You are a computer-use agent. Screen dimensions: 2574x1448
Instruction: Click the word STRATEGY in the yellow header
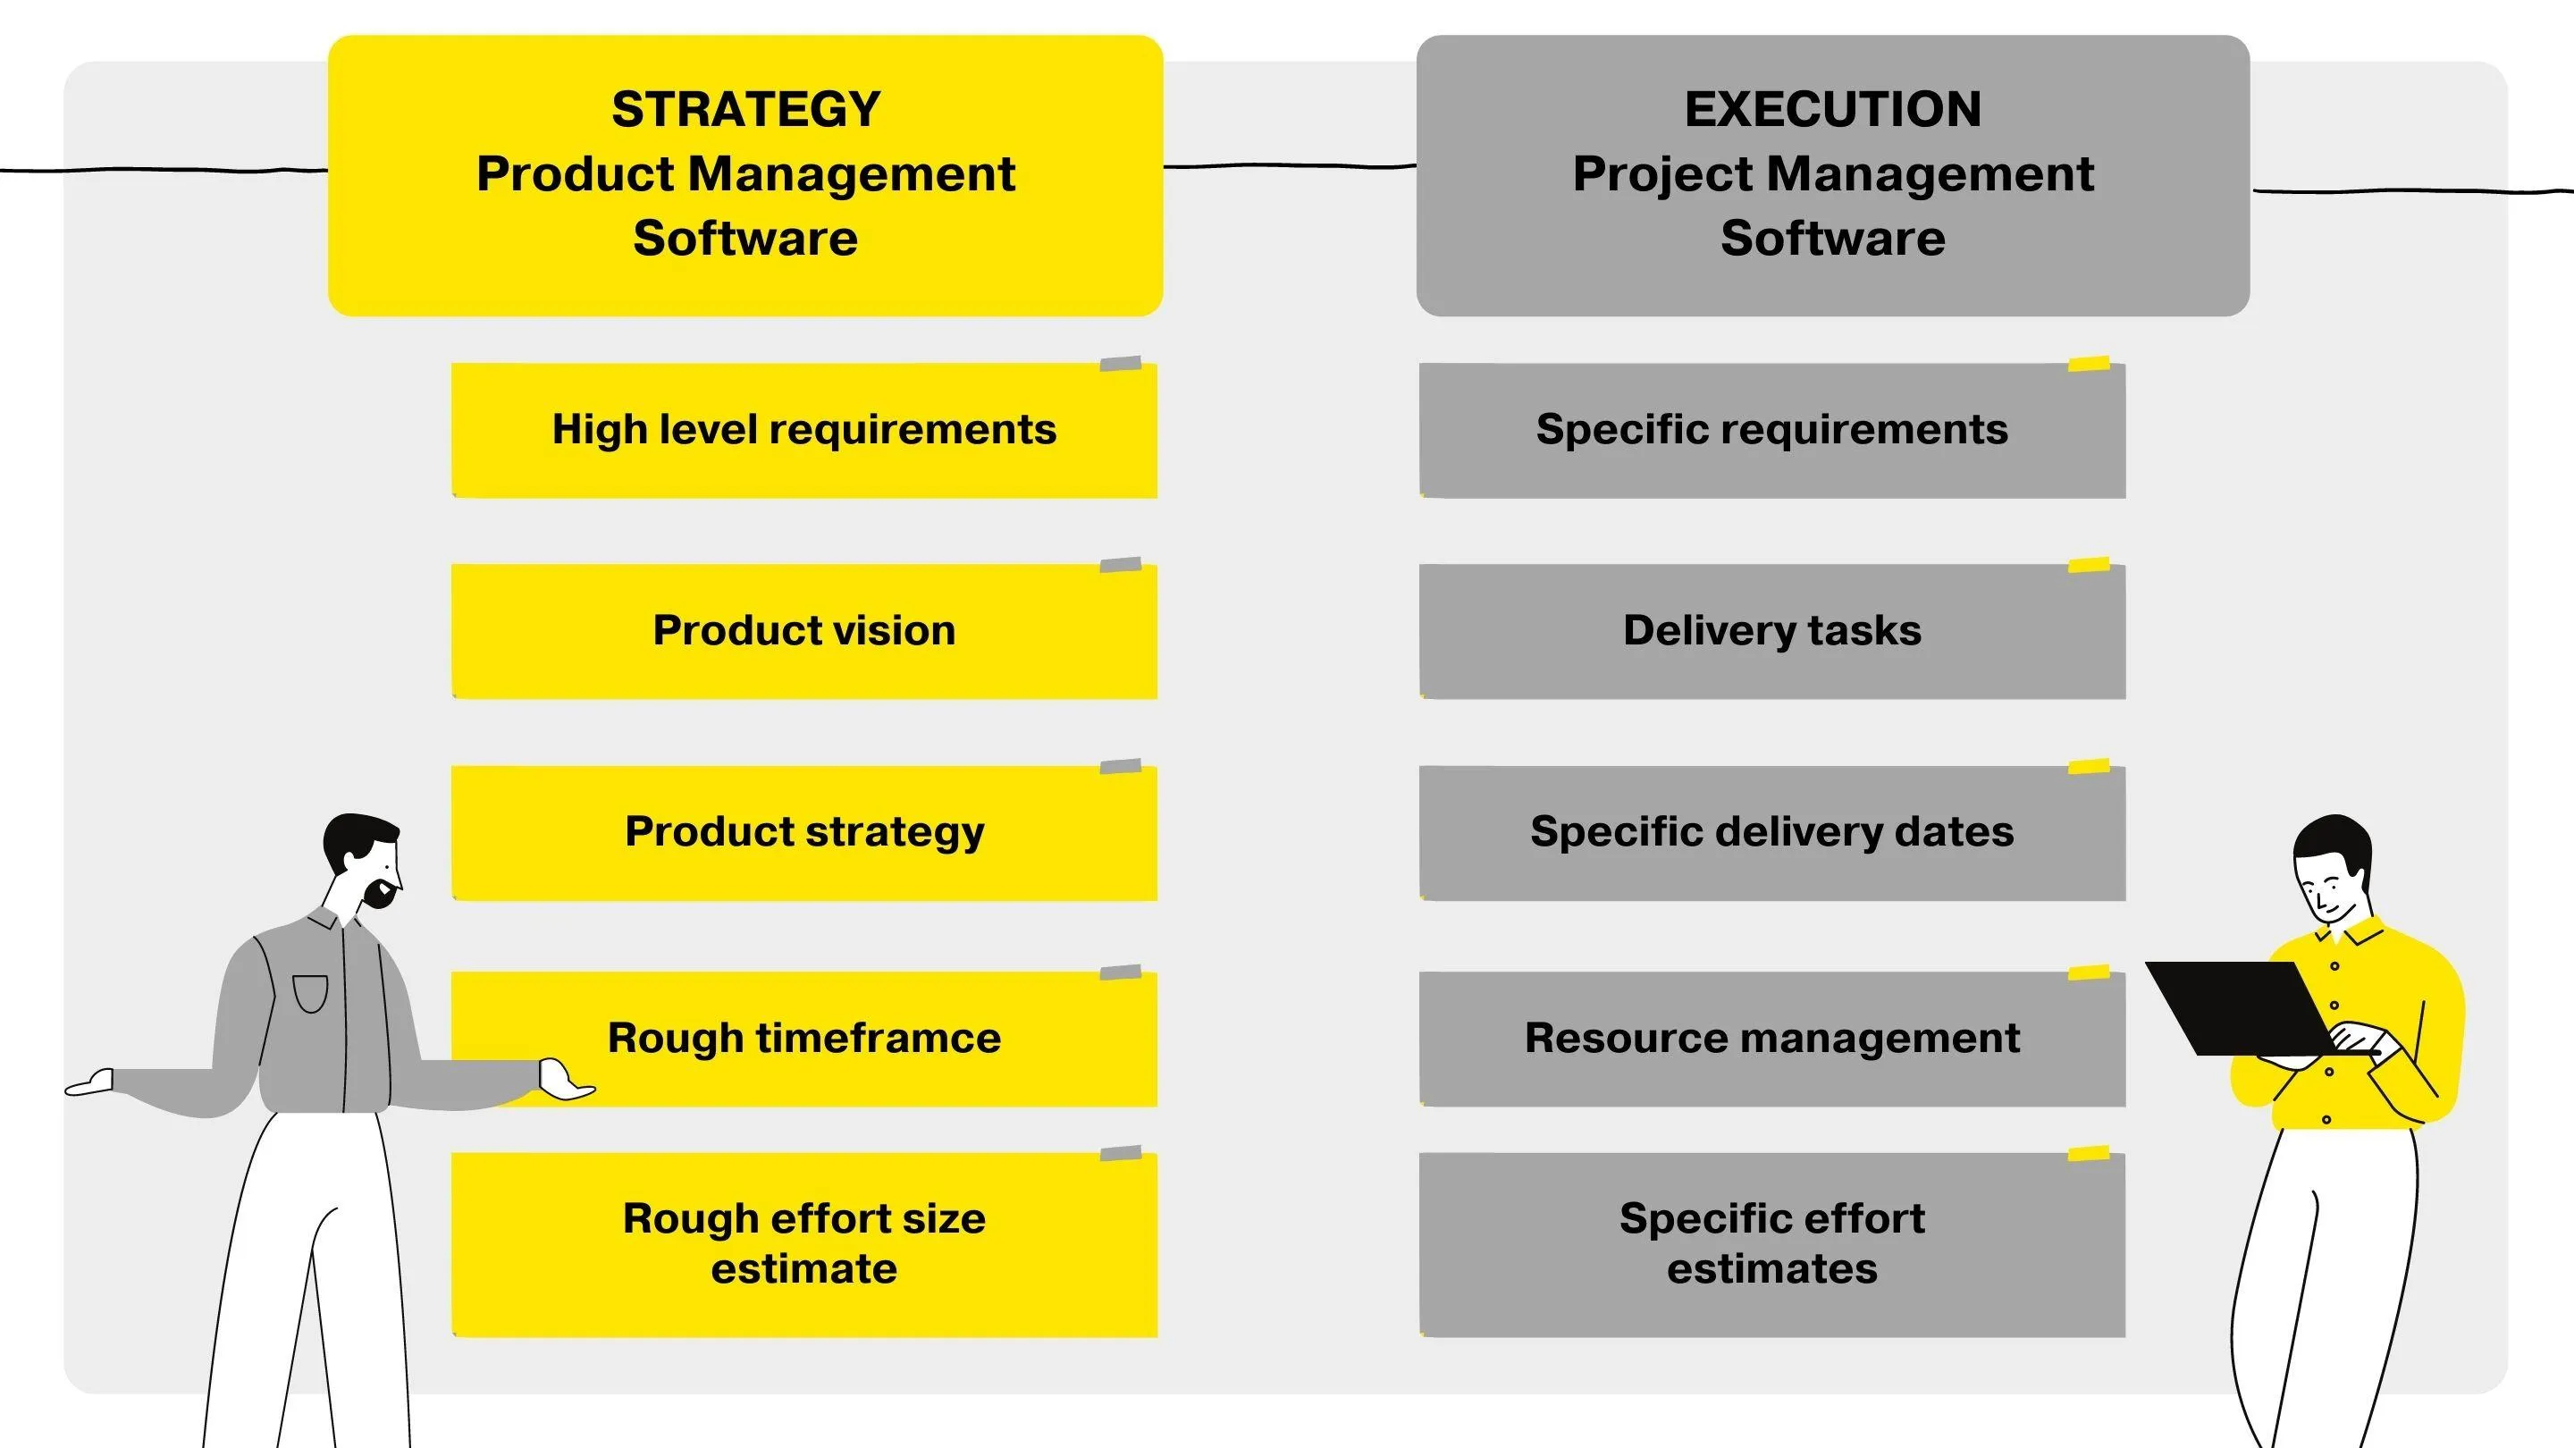tap(745, 109)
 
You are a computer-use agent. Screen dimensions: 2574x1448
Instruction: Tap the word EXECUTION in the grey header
tap(1832, 109)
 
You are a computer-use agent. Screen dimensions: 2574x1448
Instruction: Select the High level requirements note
tap(804, 430)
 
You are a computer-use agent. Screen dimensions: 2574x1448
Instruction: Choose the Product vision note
tap(804, 630)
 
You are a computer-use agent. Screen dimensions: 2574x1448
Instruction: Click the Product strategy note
tap(804, 832)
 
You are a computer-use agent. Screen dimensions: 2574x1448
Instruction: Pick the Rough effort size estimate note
tap(804, 1244)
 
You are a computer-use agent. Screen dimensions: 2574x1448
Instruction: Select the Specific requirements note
tap(1772, 430)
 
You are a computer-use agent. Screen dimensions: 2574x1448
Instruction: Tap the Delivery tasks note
tap(1772, 630)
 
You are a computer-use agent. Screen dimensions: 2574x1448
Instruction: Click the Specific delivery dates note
tap(1772, 832)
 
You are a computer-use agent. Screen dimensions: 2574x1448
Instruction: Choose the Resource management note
tap(1772, 1039)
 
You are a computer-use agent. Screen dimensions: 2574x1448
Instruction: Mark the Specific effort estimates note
tap(1772, 1244)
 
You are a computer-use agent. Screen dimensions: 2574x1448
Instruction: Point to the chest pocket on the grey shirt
tap(311, 993)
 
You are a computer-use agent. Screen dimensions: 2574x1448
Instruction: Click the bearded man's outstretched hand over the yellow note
tap(565, 1079)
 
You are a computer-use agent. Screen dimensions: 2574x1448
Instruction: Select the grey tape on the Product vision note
tap(1120, 565)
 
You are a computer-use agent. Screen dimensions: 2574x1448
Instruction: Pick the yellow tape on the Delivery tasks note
tap(2089, 565)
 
